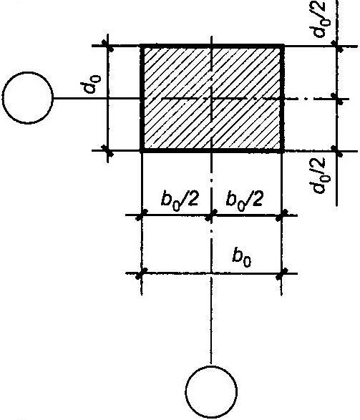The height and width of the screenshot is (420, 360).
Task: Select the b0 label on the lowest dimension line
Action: coord(242,258)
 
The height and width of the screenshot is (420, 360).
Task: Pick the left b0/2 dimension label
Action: coord(180,200)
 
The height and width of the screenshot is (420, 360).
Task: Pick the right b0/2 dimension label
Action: coord(244,200)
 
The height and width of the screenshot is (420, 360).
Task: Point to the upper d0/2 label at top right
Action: coord(319,19)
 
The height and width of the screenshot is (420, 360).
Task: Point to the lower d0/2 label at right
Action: coord(318,175)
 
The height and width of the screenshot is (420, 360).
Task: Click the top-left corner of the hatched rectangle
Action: coord(141,46)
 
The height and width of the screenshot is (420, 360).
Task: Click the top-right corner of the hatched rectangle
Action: coord(283,46)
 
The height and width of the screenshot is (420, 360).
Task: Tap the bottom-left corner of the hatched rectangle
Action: coord(141,151)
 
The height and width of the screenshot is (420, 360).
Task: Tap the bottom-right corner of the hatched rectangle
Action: coord(283,152)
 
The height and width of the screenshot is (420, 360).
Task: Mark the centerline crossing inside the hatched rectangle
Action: coord(212,99)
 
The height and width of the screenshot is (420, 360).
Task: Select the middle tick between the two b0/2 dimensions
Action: coord(211,215)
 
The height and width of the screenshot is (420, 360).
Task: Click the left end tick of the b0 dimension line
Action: coord(142,273)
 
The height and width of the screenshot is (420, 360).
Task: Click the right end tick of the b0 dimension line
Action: coord(281,273)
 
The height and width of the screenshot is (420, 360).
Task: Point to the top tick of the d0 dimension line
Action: coord(107,46)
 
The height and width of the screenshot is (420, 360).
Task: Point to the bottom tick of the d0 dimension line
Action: coord(107,151)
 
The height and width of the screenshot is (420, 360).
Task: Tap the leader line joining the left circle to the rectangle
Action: coord(97,99)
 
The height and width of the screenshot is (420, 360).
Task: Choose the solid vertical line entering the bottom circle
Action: coord(211,321)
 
